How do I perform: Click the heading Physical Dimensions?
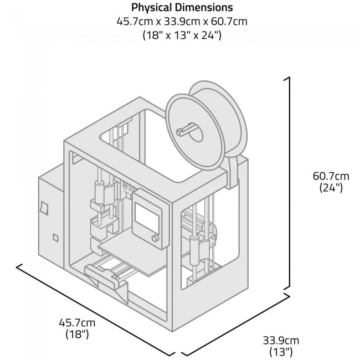tap(182, 8)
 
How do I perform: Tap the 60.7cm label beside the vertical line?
tap(331, 176)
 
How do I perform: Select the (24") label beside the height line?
tap(331, 188)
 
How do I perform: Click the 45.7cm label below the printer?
tap(77, 322)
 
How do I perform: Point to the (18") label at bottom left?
tap(77, 334)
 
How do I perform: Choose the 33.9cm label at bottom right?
tap(281, 340)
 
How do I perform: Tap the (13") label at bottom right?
tap(281, 351)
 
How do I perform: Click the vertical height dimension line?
tap(289, 183)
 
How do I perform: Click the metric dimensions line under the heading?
tap(182, 22)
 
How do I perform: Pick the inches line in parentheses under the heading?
tap(182, 35)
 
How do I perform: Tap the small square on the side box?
tap(55, 238)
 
